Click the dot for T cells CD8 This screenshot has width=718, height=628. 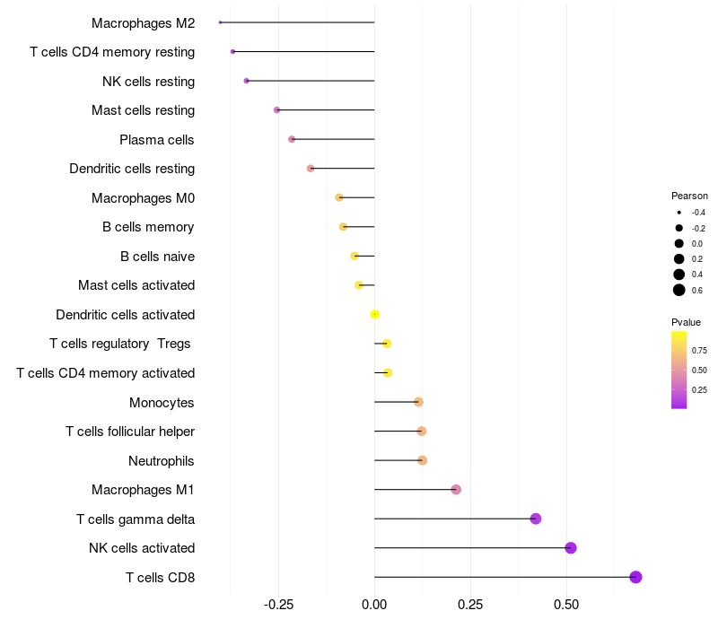(x=635, y=577)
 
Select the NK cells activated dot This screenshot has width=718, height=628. (x=570, y=548)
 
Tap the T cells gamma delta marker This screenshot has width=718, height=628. (x=536, y=519)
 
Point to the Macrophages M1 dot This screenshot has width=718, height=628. (x=456, y=490)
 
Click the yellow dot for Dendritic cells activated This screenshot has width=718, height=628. (x=375, y=314)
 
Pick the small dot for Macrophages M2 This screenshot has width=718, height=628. (x=220, y=22)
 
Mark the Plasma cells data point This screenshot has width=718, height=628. (x=292, y=139)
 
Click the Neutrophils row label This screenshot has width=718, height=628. (x=162, y=461)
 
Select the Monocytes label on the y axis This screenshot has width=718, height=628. (x=162, y=403)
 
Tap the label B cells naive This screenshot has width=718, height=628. (x=157, y=257)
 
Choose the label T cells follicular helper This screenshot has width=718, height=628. (x=130, y=432)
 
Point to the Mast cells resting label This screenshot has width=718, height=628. (x=143, y=110)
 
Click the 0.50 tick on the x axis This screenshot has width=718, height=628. (x=566, y=605)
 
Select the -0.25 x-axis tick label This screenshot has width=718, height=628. (x=278, y=605)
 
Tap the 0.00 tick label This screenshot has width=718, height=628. (x=374, y=605)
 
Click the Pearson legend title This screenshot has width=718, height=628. (x=689, y=196)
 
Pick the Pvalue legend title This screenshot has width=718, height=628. (x=686, y=322)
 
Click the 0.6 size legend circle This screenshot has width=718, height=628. (x=679, y=290)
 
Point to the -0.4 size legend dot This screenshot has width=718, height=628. (x=679, y=213)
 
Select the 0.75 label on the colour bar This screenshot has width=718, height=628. (x=699, y=350)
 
